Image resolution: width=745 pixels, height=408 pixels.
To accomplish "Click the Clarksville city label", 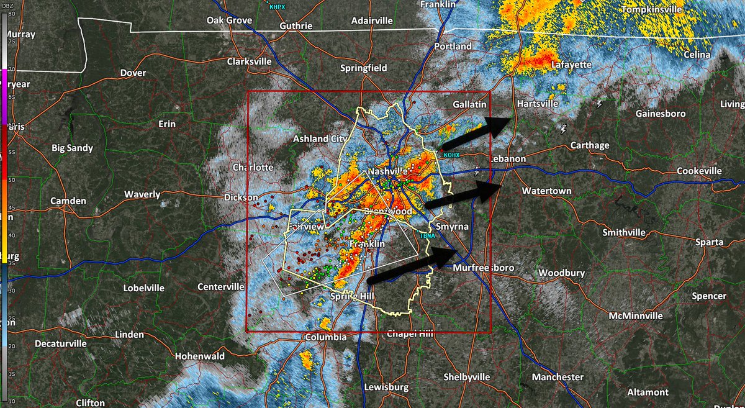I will coord(250,62).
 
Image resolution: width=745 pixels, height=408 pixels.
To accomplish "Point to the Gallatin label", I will coord(469,104).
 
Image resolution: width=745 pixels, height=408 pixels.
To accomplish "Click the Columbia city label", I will coord(326,337).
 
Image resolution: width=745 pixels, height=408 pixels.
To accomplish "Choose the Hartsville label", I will coord(538,104).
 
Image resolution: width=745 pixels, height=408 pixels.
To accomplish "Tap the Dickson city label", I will coord(240,198).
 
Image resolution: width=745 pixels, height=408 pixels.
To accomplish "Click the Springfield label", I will coord(364,67).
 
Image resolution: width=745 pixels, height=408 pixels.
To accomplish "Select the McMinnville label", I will coord(635,315).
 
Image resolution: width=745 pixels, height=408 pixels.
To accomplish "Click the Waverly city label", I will coord(142,194).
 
